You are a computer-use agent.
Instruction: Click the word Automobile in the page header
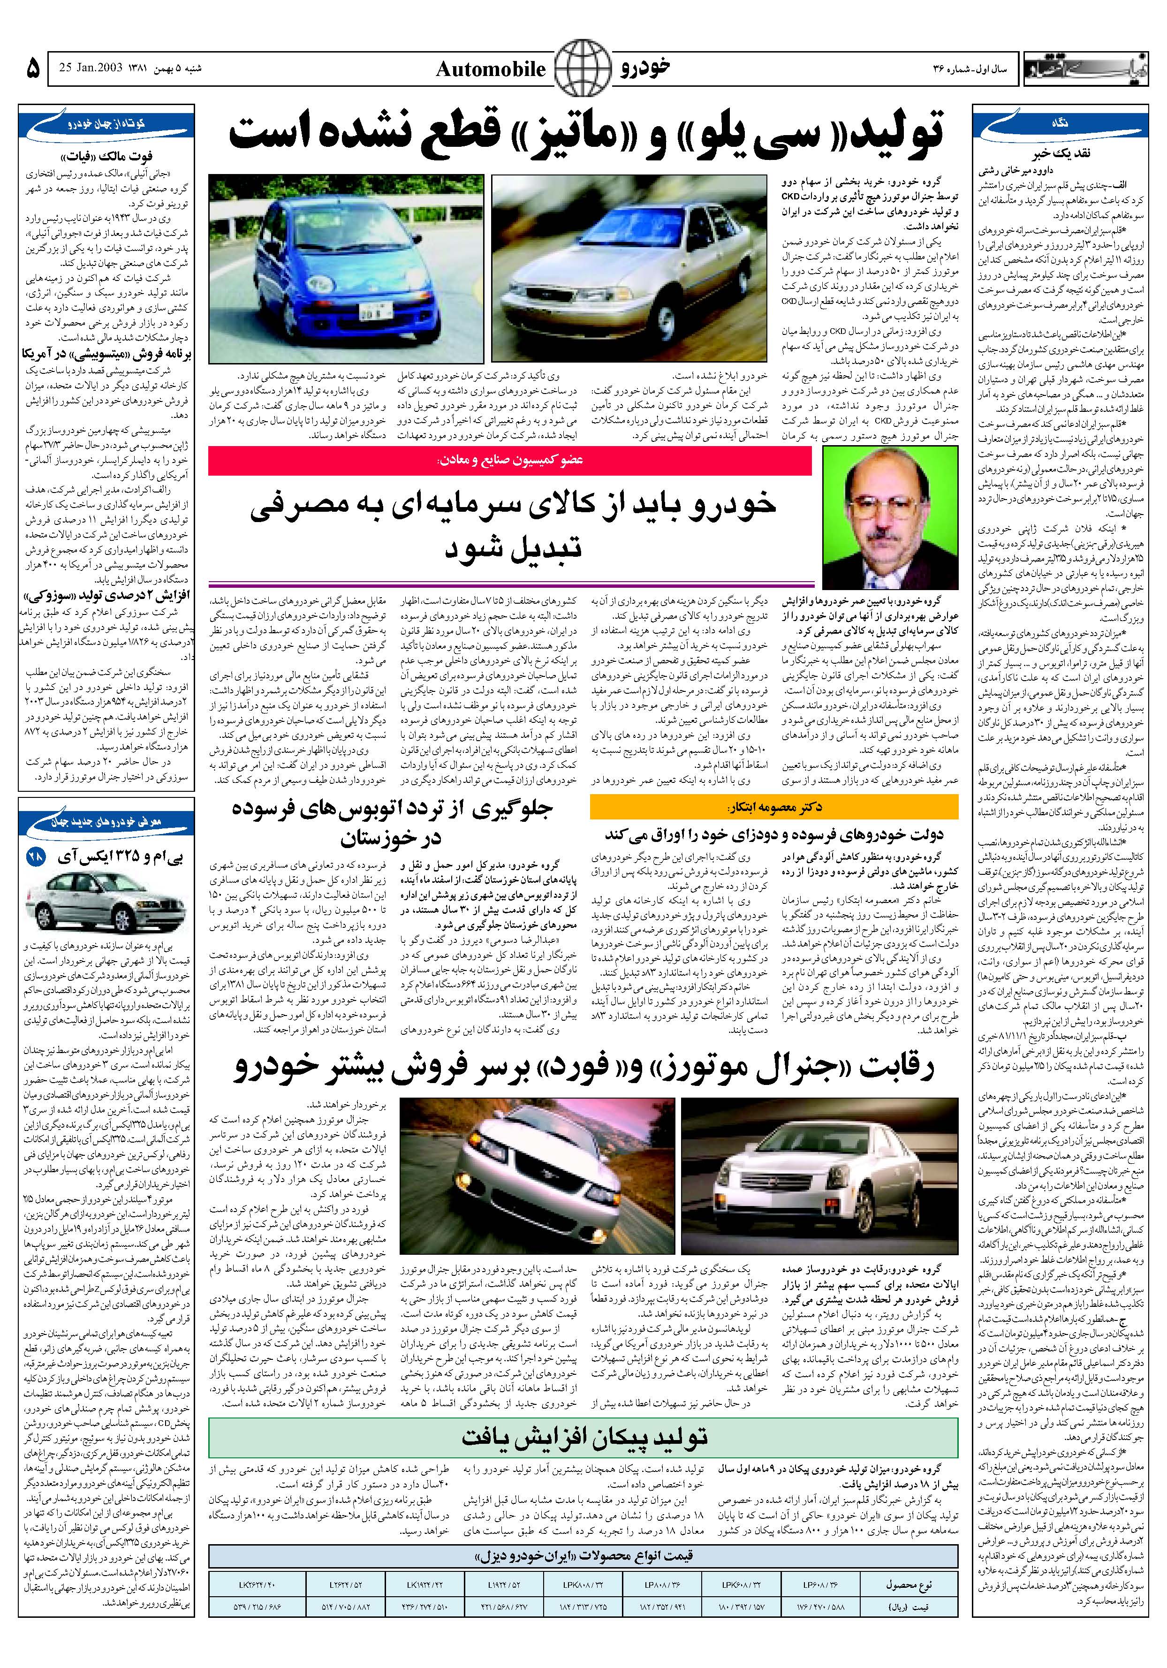point(491,70)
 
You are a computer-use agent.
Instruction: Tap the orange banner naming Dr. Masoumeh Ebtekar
point(774,807)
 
